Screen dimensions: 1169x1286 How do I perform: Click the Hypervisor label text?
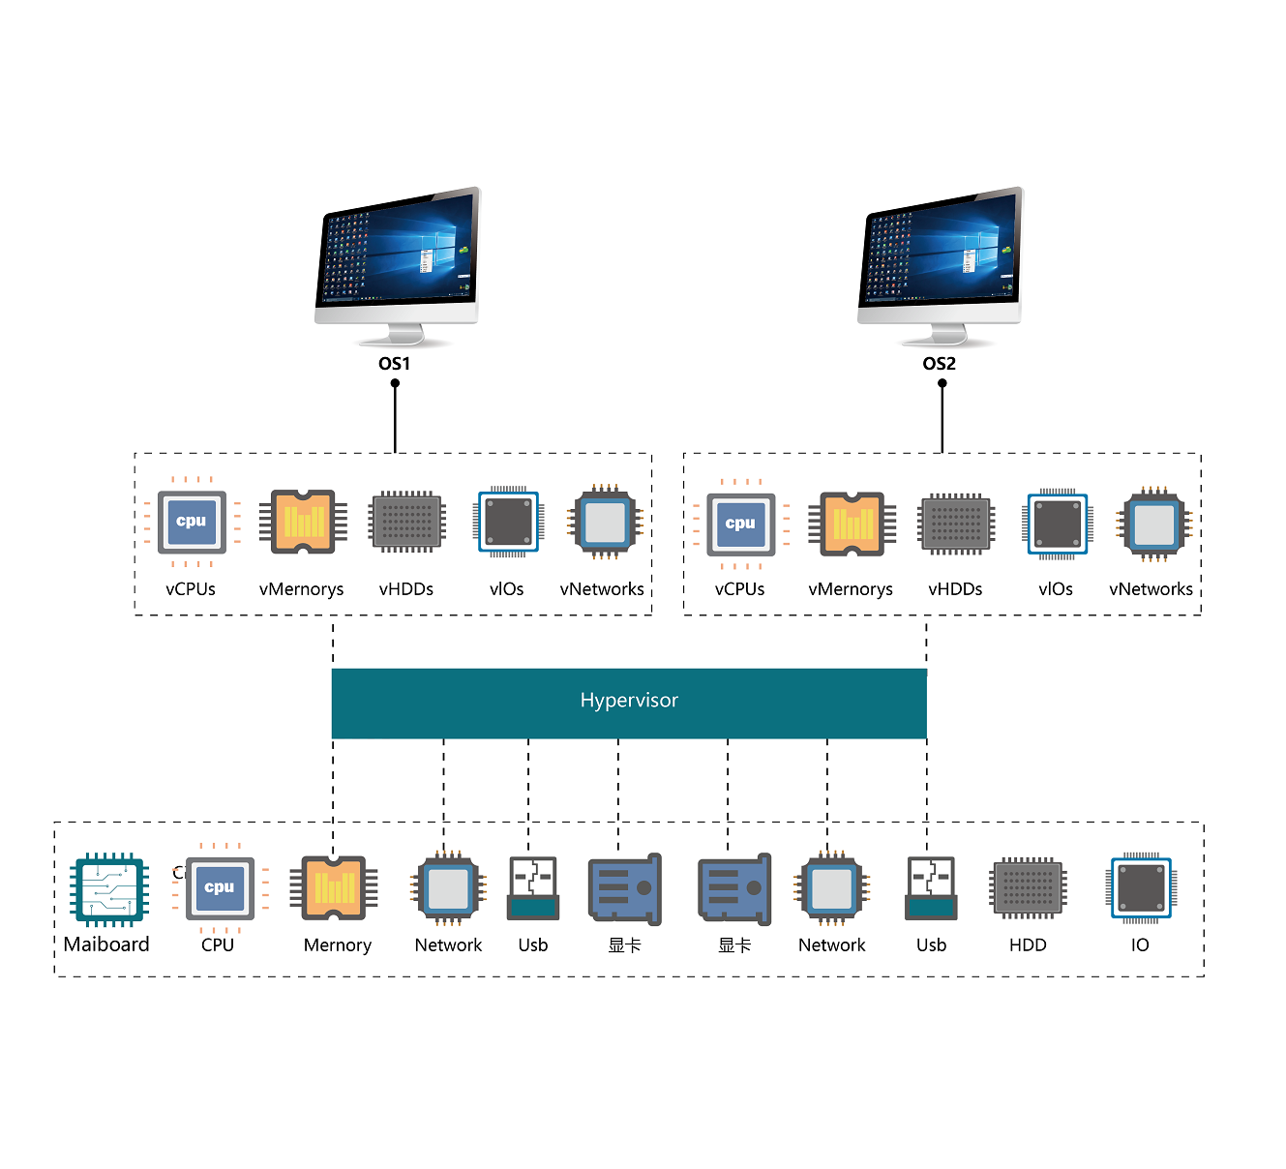tap(629, 701)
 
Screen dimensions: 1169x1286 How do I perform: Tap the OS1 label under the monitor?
tap(394, 364)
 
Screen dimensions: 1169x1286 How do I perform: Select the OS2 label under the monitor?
tap(939, 364)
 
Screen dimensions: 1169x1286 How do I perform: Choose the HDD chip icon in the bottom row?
tap(1028, 887)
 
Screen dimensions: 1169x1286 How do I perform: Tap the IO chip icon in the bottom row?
tap(1141, 887)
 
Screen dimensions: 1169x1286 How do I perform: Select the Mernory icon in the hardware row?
tap(334, 887)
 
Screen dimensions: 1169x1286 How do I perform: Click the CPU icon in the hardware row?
tap(220, 887)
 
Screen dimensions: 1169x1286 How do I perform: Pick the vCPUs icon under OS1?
tap(192, 523)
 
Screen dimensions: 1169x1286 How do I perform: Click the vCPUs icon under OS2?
tap(740, 525)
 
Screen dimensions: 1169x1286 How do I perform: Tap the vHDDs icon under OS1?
tap(407, 522)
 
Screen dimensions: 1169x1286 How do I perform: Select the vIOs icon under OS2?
tap(1058, 525)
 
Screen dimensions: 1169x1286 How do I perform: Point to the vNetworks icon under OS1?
tap(605, 523)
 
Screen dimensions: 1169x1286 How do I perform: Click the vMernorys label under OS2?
tap(851, 589)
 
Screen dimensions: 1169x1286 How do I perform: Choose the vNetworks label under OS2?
tap(1151, 589)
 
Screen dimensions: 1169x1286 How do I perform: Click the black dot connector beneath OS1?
tap(395, 383)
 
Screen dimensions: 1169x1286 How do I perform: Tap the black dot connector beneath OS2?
tap(942, 383)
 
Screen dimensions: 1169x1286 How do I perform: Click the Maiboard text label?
tap(106, 944)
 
